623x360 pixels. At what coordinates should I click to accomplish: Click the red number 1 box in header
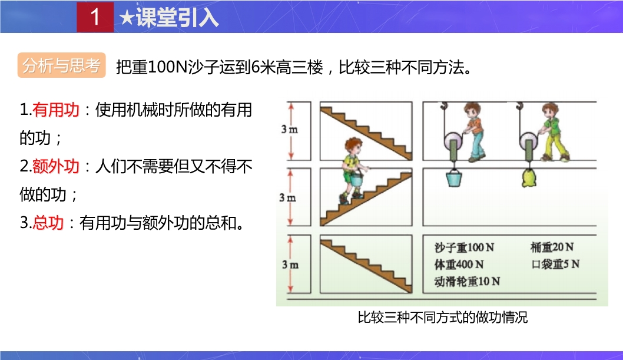tap(95, 16)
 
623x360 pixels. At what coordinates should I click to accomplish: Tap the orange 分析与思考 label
tap(62, 65)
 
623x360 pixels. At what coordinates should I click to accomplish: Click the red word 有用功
tap(55, 110)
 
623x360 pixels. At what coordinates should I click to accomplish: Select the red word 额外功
tap(55, 166)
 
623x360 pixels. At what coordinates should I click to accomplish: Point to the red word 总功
tap(48, 223)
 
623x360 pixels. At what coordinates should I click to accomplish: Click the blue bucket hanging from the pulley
tap(454, 177)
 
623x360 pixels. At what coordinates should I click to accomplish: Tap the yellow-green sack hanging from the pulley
tap(529, 177)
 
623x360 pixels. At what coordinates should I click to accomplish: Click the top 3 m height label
tap(290, 129)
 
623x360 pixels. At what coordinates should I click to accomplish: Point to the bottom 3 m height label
tap(290, 265)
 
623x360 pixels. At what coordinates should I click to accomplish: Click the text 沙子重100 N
tap(464, 247)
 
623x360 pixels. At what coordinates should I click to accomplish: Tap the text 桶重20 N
tap(552, 247)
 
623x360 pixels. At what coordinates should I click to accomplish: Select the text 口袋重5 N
tap(555, 264)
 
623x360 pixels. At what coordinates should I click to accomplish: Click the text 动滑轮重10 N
tap(467, 281)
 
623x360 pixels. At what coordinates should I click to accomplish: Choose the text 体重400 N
tap(459, 264)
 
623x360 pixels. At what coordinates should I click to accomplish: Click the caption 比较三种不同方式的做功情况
tap(443, 317)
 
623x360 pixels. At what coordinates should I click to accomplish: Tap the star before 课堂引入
tap(127, 18)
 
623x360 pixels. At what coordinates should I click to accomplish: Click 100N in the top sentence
tap(167, 67)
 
